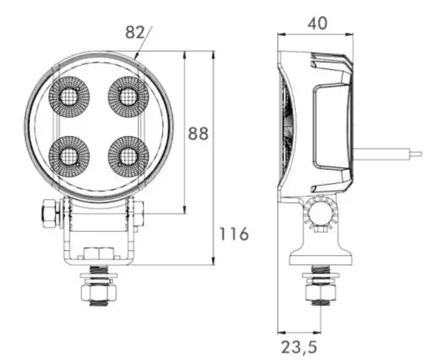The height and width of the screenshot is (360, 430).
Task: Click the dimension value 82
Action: [x=134, y=32]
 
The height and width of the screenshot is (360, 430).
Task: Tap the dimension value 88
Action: [x=198, y=133]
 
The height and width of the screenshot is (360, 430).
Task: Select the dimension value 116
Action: [x=234, y=234]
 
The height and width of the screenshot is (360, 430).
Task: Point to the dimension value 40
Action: [x=317, y=23]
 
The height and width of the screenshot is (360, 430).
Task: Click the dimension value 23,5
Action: [x=299, y=347]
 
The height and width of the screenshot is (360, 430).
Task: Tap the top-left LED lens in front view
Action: [x=69, y=97]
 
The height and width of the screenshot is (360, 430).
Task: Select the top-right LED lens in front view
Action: [x=128, y=97]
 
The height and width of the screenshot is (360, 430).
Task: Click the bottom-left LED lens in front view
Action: [x=69, y=157]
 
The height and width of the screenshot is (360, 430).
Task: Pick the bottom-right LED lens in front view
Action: [x=128, y=157]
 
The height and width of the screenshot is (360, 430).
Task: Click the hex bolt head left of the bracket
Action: [x=50, y=213]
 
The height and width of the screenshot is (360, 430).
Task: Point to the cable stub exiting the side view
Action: [x=387, y=154]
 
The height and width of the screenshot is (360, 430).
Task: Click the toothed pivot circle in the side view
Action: [x=321, y=211]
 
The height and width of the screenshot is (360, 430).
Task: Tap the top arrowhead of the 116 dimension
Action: [x=213, y=55]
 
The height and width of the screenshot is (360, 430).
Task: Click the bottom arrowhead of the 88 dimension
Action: [x=184, y=210]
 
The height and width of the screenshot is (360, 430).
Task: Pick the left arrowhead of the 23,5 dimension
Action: [x=282, y=333]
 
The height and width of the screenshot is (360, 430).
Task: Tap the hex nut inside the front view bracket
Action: [x=99, y=253]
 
